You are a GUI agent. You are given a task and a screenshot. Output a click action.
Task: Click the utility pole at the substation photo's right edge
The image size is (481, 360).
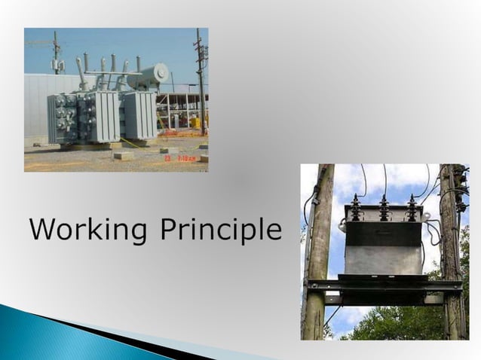pyautogui.click(x=201, y=83)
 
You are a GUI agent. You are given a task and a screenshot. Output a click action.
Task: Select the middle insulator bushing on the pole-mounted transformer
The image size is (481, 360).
pyautogui.click(x=384, y=207)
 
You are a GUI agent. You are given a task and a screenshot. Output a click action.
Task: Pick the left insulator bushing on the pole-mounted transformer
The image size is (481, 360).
pyautogui.click(x=356, y=207)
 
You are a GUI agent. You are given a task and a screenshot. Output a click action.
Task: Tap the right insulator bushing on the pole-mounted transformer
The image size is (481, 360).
pyautogui.click(x=412, y=207)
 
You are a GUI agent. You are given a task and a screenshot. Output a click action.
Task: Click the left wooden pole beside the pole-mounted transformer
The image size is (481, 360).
pyautogui.click(x=317, y=256)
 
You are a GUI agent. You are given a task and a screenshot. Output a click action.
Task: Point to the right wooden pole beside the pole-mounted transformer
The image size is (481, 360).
pyautogui.click(x=450, y=256)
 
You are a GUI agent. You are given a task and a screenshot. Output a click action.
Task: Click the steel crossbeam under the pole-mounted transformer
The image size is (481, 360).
pyautogui.click(x=384, y=285)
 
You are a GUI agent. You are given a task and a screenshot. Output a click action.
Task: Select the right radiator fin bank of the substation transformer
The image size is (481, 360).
pyautogui.click(x=139, y=115)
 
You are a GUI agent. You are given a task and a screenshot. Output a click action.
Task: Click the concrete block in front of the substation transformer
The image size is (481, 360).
pyautogui.click(x=123, y=155)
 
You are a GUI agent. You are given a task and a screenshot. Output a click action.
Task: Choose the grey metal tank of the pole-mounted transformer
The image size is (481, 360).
pyautogui.click(x=382, y=249)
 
